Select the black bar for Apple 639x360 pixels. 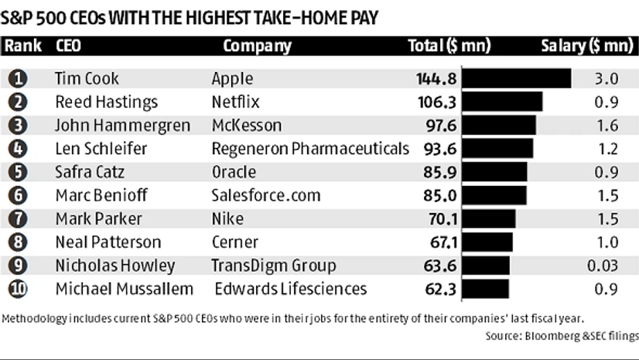[517, 79]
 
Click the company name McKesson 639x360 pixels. [246, 125]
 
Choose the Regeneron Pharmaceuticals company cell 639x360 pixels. [309, 149]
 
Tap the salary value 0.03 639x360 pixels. [601, 266]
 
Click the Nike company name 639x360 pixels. [227, 218]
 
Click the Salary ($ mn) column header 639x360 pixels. [586, 46]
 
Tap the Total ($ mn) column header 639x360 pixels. [449, 46]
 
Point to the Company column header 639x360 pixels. [257, 46]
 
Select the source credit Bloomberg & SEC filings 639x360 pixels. [562, 336]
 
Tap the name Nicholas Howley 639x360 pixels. [115, 266]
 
